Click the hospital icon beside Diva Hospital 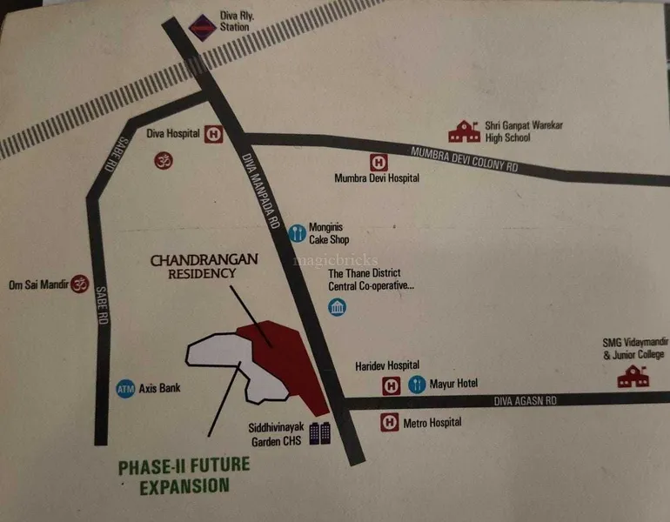[214, 135]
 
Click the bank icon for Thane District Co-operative [337, 307]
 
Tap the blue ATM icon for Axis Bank [125, 388]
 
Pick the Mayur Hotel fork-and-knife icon [417, 384]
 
